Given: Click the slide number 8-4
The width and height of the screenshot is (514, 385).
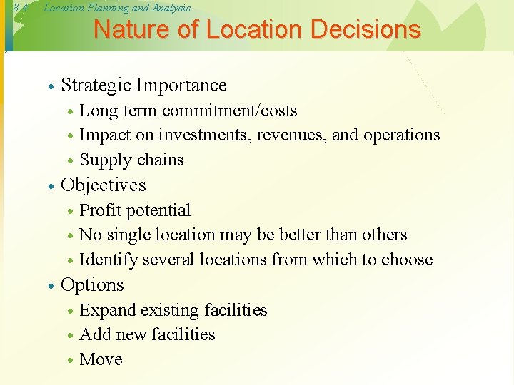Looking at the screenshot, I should pos(20,8).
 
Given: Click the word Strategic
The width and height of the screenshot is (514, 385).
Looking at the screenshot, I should pos(96,86).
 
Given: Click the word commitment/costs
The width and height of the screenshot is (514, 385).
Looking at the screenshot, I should pos(230,111).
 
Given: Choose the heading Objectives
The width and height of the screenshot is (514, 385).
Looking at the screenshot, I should pos(104,185).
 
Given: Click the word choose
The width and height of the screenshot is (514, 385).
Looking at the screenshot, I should pos(408,260).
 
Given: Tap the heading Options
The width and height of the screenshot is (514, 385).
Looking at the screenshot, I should pos(93,285).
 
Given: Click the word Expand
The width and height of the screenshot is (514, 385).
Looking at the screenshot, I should pos(108,311).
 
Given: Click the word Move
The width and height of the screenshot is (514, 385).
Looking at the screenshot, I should pos(101,359).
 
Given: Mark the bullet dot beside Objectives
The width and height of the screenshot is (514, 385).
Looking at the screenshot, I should pos(51,187).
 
